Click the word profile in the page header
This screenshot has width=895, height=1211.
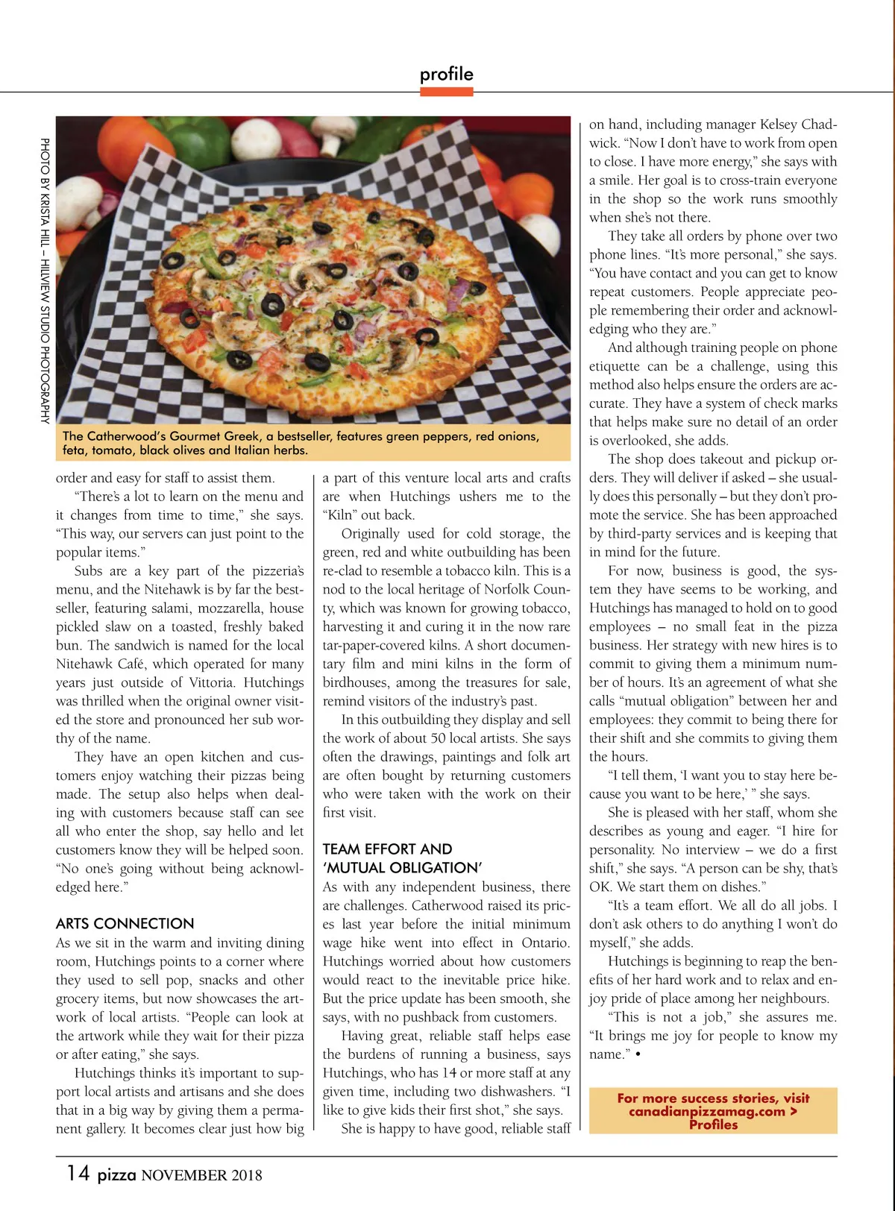(446, 74)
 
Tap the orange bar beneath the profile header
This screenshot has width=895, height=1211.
(446, 92)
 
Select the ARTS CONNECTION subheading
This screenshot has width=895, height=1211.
(125, 923)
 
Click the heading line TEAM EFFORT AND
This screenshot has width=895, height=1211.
(387, 849)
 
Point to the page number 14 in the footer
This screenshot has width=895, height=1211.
(78, 1174)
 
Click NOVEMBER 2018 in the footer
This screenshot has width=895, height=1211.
(201, 1176)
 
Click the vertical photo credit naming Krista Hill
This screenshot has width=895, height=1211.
(45, 280)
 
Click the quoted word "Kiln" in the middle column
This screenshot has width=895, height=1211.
(340, 515)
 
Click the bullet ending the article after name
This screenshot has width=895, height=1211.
(638, 1055)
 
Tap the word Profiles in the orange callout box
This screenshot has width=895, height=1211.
(713, 1124)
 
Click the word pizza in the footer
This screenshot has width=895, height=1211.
(117, 1175)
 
